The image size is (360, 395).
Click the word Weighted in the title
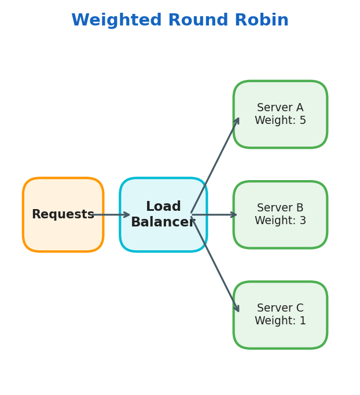point(116,21)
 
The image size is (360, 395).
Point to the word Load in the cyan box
point(163,207)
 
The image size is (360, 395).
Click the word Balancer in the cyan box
point(163,222)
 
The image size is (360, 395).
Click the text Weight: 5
point(280,120)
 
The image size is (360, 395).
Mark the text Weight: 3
point(280,221)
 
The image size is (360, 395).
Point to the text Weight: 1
point(280,321)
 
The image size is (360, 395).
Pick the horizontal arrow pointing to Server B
point(214,215)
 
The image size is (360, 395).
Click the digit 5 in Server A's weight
point(303,120)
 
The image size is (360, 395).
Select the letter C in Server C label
point(300,308)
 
